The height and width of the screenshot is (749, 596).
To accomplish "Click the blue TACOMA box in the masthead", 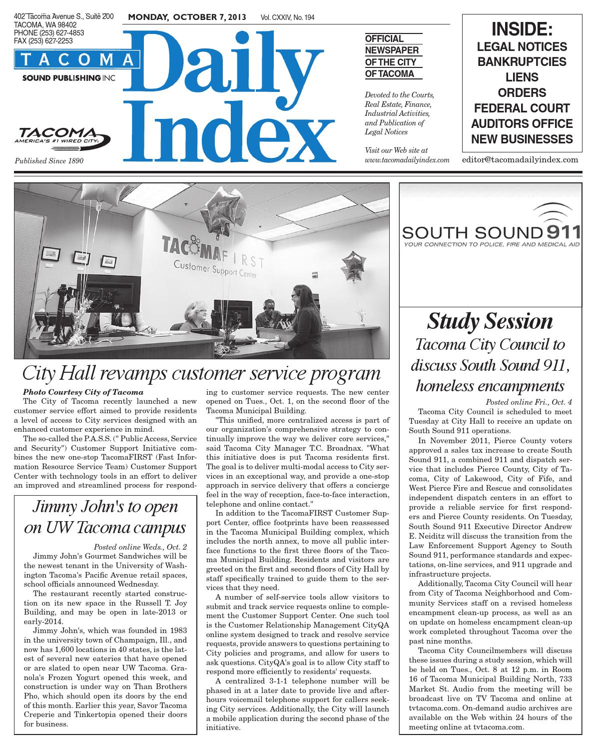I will coord(77,60).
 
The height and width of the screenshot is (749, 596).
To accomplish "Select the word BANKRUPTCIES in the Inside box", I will coord(522,62).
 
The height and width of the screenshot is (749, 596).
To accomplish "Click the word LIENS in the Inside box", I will coord(522,77).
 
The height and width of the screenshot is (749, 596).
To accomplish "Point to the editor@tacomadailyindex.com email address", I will coord(520,160).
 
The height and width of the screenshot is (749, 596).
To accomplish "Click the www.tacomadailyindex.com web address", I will coord(407,160).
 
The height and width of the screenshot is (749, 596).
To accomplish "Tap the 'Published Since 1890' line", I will coord(49,161).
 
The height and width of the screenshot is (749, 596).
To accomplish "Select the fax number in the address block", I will coord(43,41).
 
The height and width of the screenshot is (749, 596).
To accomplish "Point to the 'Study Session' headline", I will coord(490,321).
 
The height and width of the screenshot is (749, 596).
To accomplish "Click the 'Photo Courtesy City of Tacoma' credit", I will coord(83,392).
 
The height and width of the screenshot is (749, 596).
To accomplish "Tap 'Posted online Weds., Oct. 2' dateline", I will coord(140,547).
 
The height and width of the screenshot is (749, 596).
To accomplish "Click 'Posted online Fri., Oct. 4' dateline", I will coord(529,402).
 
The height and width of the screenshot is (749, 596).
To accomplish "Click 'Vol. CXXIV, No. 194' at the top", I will coord(287,18).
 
